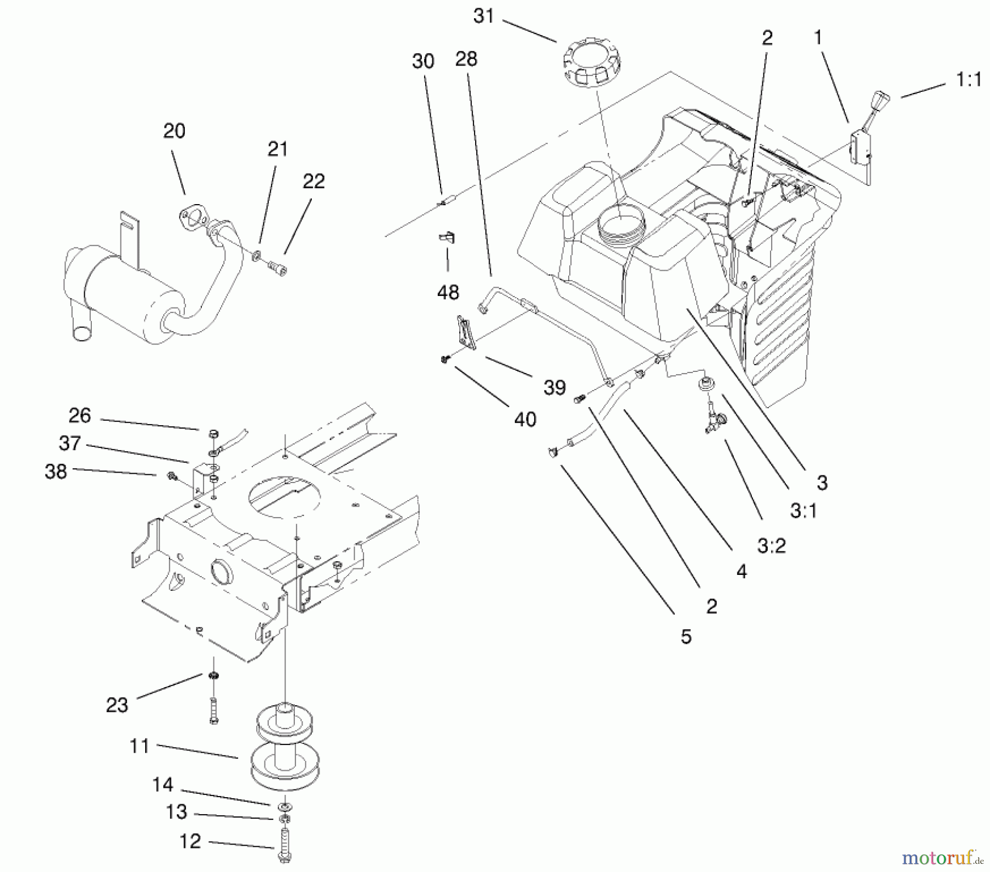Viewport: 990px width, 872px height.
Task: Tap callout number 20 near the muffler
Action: click(x=174, y=131)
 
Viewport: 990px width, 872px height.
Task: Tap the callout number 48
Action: click(x=448, y=292)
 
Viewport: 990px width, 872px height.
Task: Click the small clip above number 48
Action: click(x=447, y=238)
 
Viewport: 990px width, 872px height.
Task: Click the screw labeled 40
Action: click(x=445, y=359)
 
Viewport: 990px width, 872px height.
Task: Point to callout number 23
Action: click(x=117, y=705)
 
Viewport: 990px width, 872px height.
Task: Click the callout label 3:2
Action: click(x=772, y=546)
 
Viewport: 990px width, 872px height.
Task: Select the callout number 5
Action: click(x=686, y=637)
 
